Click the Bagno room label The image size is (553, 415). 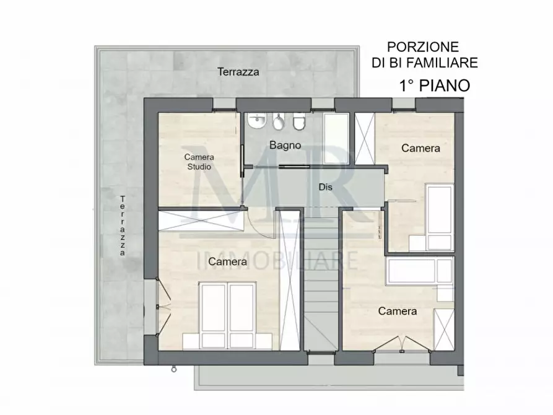[x=285, y=146]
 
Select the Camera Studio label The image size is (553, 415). [x=198, y=162]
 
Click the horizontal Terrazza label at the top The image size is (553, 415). [x=238, y=72]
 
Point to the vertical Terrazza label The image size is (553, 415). [x=123, y=225]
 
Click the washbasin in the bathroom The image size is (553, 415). [x=256, y=122]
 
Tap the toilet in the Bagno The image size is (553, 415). [x=299, y=123]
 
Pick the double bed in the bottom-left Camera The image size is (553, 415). [x=228, y=313]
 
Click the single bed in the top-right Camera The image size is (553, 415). [x=440, y=217]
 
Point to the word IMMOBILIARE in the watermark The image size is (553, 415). [x=277, y=260]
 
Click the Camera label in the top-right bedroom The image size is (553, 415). [x=420, y=148]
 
